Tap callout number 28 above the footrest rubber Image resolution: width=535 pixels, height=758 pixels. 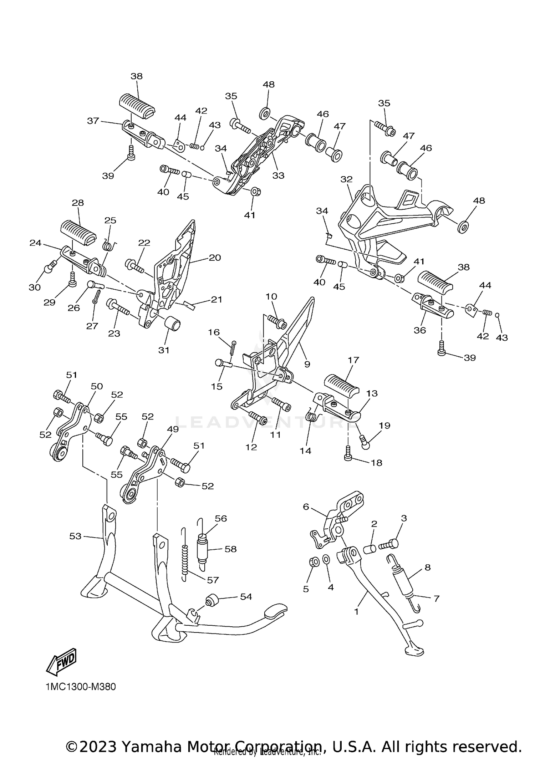click(x=78, y=203)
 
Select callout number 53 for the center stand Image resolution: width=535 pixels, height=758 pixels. click(x=75, y=536)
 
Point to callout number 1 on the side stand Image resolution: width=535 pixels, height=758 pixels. click(x=356, y=612)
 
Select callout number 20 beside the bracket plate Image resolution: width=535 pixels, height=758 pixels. click(x=215, y=258)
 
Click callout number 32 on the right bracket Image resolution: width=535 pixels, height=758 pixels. click(x=346, y=179)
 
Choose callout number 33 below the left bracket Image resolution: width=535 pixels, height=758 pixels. click(x=278, y=175)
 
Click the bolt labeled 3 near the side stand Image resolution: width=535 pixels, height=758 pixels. click(x=389, y=545)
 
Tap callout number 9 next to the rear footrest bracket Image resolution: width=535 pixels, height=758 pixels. click(x=307, y=364)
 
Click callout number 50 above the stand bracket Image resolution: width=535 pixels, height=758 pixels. click(x=97, y=386)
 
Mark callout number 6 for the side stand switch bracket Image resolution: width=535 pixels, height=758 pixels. click(x=306, y=507)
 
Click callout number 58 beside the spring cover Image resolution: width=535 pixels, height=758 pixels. click(x=230, y=549)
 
